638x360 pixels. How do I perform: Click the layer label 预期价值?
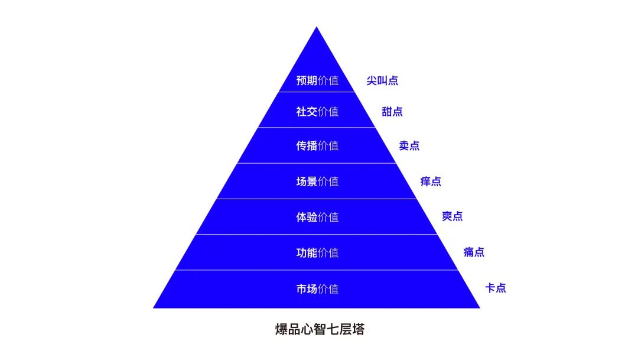coord(317,80)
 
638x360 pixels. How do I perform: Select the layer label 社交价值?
coord(317,112)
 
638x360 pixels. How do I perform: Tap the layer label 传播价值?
coord(317,146)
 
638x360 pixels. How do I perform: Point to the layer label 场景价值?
coord(317,181)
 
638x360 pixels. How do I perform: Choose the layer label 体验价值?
coord(317,218)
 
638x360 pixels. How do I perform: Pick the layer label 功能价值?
coord(317,253)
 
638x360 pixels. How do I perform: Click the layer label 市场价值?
coord(317,289)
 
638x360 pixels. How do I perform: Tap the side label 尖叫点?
coord(382,80)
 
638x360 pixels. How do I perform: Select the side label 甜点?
coord(392,112)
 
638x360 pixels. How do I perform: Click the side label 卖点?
coord(409,146)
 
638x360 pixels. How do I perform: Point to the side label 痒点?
coord(431,181)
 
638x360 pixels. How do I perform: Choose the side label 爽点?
coord(453,216)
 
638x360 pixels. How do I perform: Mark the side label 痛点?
coord(474,252)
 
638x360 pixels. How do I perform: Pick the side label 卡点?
coord(496,288)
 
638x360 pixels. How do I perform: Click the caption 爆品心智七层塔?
coord(320,329)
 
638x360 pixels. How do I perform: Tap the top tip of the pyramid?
coord(317,27)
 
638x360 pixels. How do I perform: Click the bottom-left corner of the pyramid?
coord(154,308)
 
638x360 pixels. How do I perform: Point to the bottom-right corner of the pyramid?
coord(480,308)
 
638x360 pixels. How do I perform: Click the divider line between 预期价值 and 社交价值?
coord(317,92)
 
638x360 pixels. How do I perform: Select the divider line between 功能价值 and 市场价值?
coord(317,270)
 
